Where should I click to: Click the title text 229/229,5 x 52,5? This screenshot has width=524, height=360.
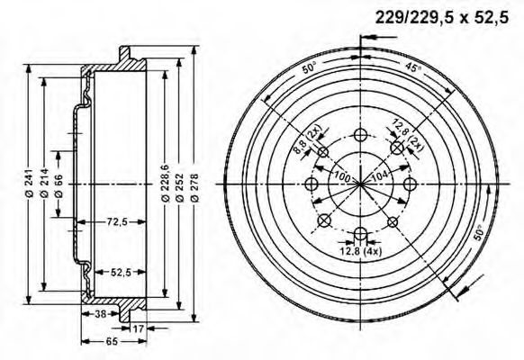coord(441,16)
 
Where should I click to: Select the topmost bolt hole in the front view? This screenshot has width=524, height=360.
coord(360,135)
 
